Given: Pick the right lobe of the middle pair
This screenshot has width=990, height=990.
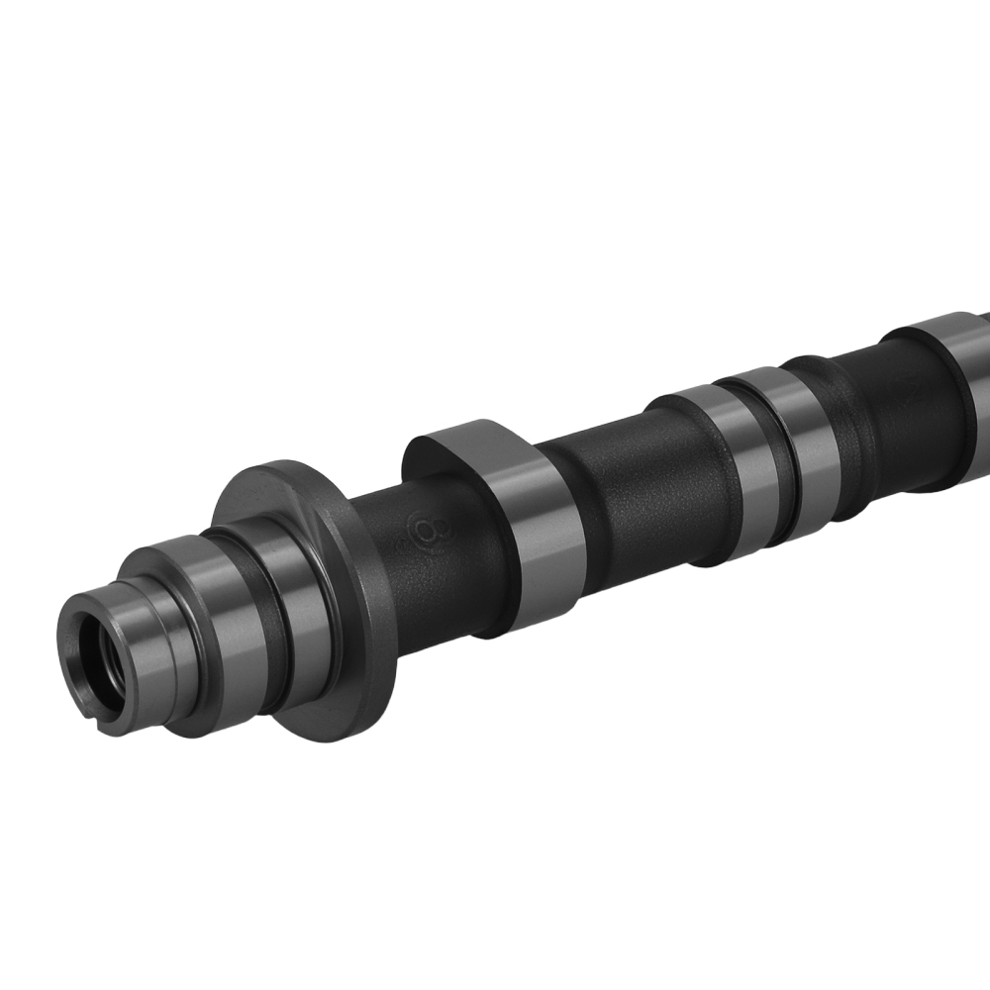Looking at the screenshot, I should (807, 436).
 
